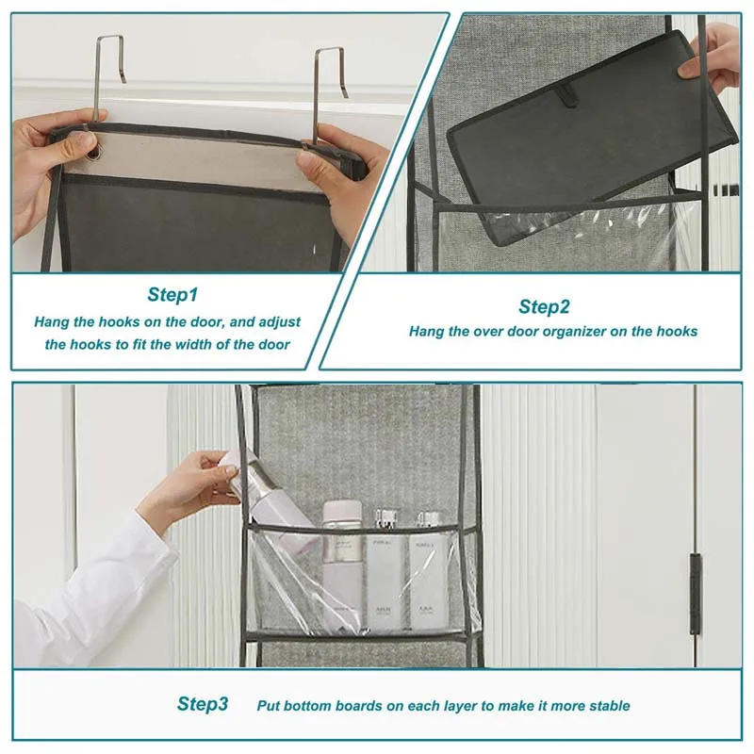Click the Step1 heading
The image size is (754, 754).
(x=172, y=295)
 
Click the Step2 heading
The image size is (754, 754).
(x=544, y=306)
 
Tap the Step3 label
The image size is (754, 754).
(x=203, y=704)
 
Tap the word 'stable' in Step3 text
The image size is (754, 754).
(x=609, y=705)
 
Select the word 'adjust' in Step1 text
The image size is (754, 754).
(x=280, y=321)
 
